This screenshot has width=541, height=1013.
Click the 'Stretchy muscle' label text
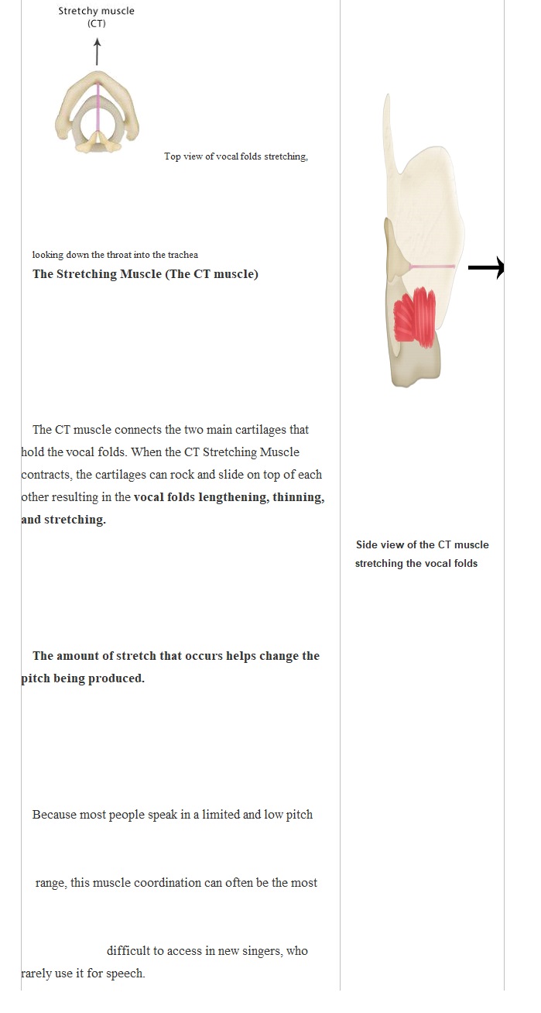96,11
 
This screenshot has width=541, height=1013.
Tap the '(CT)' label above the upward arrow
96,23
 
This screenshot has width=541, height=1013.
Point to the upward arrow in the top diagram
97,52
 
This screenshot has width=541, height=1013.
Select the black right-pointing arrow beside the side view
486,268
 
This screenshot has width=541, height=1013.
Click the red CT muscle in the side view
415,318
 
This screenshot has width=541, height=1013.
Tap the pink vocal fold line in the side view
432,267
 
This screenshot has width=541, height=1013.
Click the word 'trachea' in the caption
183,255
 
